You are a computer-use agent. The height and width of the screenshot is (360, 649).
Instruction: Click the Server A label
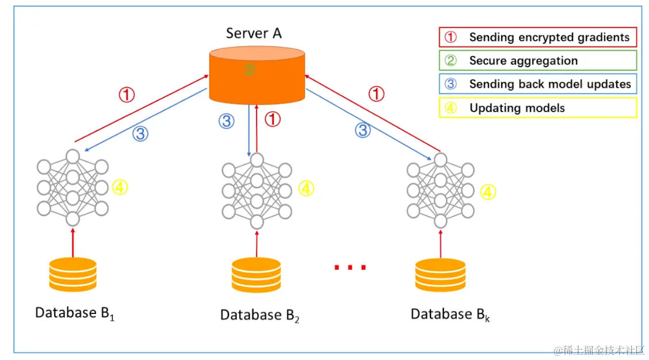(254, 33)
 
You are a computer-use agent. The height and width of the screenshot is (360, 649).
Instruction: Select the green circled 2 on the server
(249, 70)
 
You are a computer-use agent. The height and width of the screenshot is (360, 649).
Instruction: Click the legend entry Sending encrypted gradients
(537, 37)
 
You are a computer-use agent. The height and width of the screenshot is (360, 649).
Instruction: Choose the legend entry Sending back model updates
(537, 84)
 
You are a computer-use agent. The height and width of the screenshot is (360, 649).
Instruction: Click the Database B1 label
(75, 313)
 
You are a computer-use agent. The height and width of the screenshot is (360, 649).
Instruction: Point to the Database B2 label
(259, 315)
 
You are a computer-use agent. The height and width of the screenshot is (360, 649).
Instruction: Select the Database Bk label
(451, 315)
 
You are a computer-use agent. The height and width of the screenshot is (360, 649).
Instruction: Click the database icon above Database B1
(72, 274)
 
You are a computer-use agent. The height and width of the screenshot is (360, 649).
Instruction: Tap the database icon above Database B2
(257, 275)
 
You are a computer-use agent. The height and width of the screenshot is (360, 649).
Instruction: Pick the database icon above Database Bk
(441, 275)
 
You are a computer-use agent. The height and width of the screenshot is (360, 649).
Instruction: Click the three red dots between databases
(350, 267)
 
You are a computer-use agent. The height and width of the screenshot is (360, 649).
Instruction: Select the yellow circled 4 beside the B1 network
(120, 187)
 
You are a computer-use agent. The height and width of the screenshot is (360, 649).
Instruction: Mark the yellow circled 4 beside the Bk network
(488, 192)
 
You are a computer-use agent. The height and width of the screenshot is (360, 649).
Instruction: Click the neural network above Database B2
(257, 189)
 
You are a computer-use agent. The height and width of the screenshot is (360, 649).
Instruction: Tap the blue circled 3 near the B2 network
(227, 121)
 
